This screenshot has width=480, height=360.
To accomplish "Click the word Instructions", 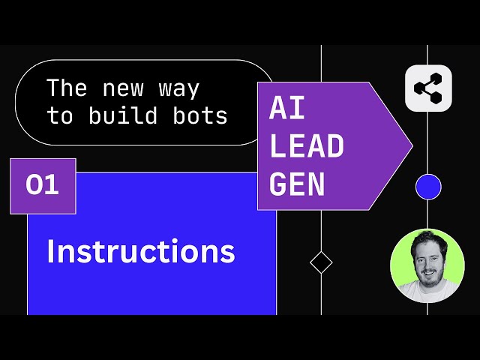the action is coord(140,252).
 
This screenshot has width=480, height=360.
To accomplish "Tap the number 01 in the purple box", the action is coord(42,185).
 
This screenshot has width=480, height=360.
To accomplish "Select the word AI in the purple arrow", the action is coord(287,109).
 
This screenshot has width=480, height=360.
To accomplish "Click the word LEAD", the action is coord(307,147).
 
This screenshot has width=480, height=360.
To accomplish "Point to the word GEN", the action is coord(297,184).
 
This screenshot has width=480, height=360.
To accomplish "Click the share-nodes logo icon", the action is coord(428,89).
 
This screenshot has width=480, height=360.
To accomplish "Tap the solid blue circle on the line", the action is coord(428,186).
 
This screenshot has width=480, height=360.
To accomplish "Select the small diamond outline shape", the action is coord(321,262).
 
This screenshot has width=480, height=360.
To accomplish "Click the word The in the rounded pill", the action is coord(67,88).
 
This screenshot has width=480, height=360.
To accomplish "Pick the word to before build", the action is coord(60,117).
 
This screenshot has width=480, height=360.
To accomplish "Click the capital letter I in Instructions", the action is coord(50,252).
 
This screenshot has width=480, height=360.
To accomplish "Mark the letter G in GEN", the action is coord(278,184).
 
